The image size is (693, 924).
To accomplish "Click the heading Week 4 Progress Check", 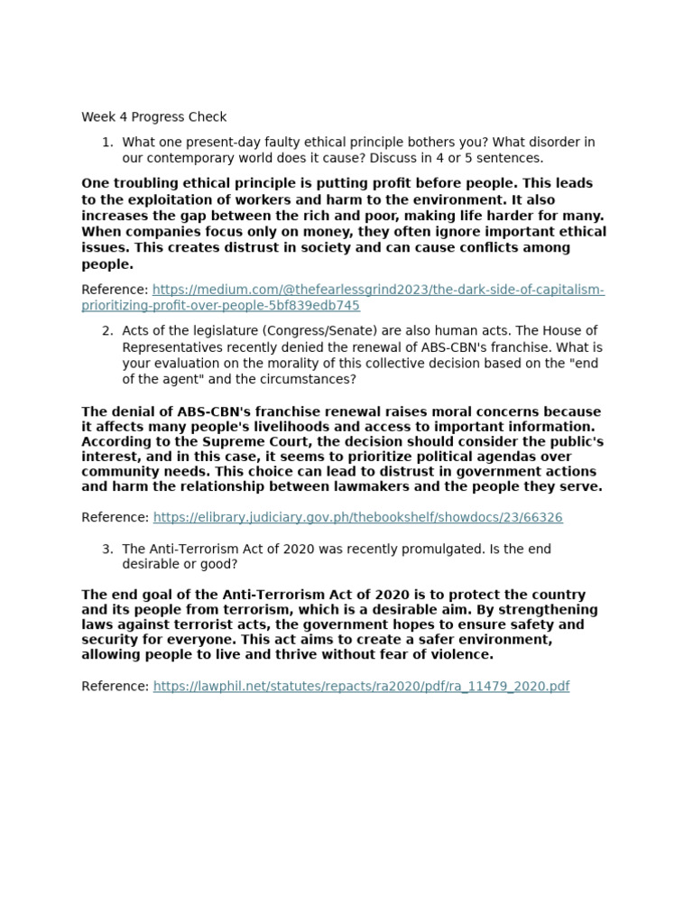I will (x=153, y=117).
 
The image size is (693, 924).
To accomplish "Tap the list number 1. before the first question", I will (x=107, y=143).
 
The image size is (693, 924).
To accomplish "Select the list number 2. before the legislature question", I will (x=107, y=331).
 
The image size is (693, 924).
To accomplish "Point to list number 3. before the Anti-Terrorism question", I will (x=107, y=550).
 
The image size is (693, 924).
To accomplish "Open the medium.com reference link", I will (x=378, y=291).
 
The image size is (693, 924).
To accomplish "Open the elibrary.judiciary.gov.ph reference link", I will (x=357, y=518).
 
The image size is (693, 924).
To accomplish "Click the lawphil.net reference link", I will (x=361, y=687).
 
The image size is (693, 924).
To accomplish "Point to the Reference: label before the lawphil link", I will (x=115, y=687).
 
